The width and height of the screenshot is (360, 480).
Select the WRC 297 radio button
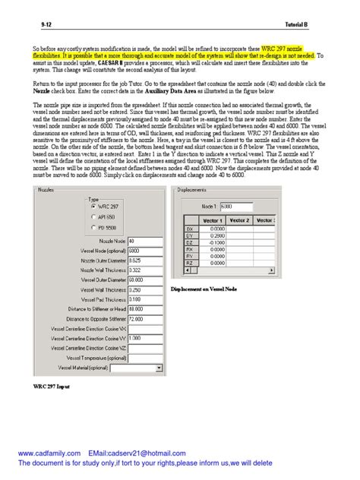pyautogui.click(x=93, y=206)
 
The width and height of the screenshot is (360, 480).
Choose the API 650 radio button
pyautogui.click(x=93, y=216)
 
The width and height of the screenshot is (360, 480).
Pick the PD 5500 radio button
pyautogui.click(x=93, y=227)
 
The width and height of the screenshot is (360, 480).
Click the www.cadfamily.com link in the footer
pyautogui.click(x=49, y=453)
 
